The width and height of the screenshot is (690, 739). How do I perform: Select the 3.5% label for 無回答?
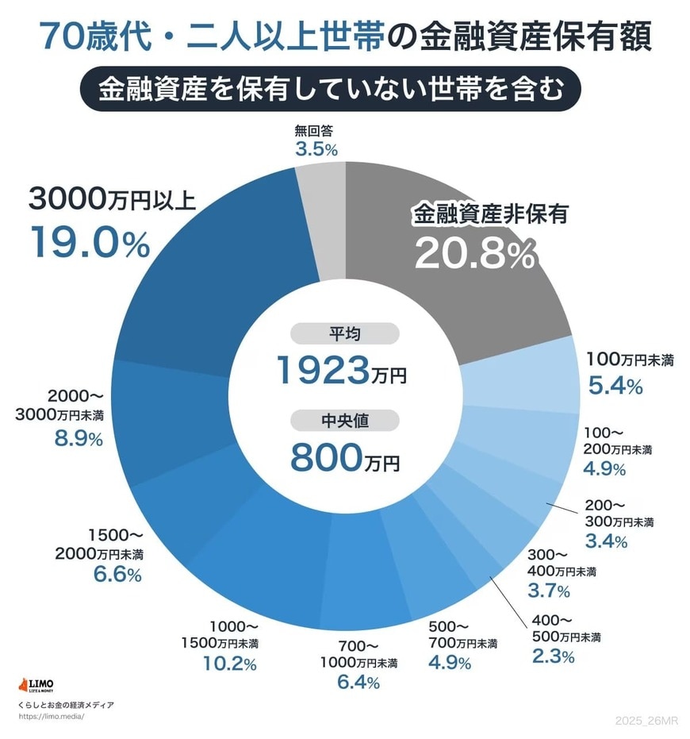point(316,149)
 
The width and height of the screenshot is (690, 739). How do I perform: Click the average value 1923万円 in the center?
point(341,369)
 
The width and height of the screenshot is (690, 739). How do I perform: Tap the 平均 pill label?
point(345,333)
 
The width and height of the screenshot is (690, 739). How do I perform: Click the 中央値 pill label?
point(345,421)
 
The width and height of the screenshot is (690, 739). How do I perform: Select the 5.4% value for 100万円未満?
point(615,387)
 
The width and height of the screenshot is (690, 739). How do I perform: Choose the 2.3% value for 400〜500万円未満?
point(553,656)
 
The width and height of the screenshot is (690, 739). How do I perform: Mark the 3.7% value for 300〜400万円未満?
point(549,591)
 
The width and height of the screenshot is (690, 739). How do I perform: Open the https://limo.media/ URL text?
point(50,716)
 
